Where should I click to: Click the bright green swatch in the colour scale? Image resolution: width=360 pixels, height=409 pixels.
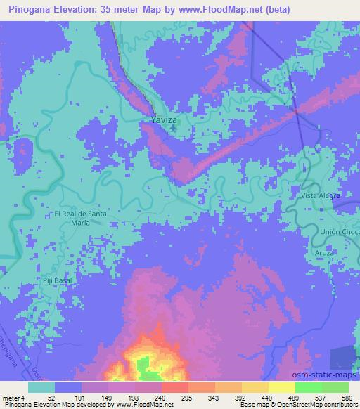click(x=308, y=387)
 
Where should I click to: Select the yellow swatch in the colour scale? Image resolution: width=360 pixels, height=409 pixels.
click(x=281, y=387)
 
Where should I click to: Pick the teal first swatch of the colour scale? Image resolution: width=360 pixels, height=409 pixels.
click(x=41, y=387)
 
